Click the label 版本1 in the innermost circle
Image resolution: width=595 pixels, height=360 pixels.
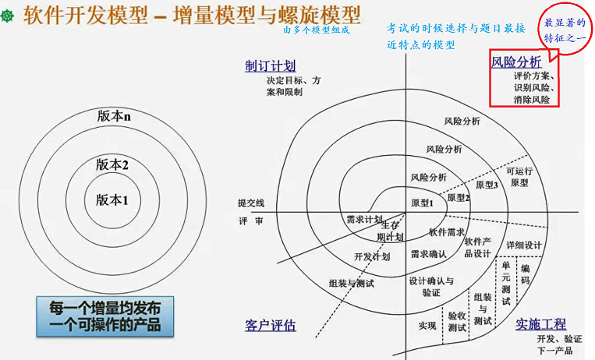coord(112,199)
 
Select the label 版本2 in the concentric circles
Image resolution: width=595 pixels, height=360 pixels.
coord(112,164)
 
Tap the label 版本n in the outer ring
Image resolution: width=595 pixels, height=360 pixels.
coord(113,116)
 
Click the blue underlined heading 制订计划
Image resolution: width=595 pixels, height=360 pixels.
coord(270,66)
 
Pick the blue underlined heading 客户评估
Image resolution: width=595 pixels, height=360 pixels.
coord(270,325)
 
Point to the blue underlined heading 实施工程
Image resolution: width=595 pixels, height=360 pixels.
coord(540,324)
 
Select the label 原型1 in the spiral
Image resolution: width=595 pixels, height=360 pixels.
coord(421,203)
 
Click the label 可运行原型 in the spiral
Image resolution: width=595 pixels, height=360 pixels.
coord(519,177)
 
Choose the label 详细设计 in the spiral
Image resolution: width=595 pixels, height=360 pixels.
coord(524,245)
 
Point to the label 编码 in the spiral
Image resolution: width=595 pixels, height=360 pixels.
coord(525,274)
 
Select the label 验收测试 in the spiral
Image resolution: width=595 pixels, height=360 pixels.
coord(457,322)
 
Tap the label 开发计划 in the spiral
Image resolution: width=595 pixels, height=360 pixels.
coord(371,256)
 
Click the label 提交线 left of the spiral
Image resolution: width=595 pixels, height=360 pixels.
coord(251,203)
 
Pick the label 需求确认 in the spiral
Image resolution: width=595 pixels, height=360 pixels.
coord(428,254)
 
